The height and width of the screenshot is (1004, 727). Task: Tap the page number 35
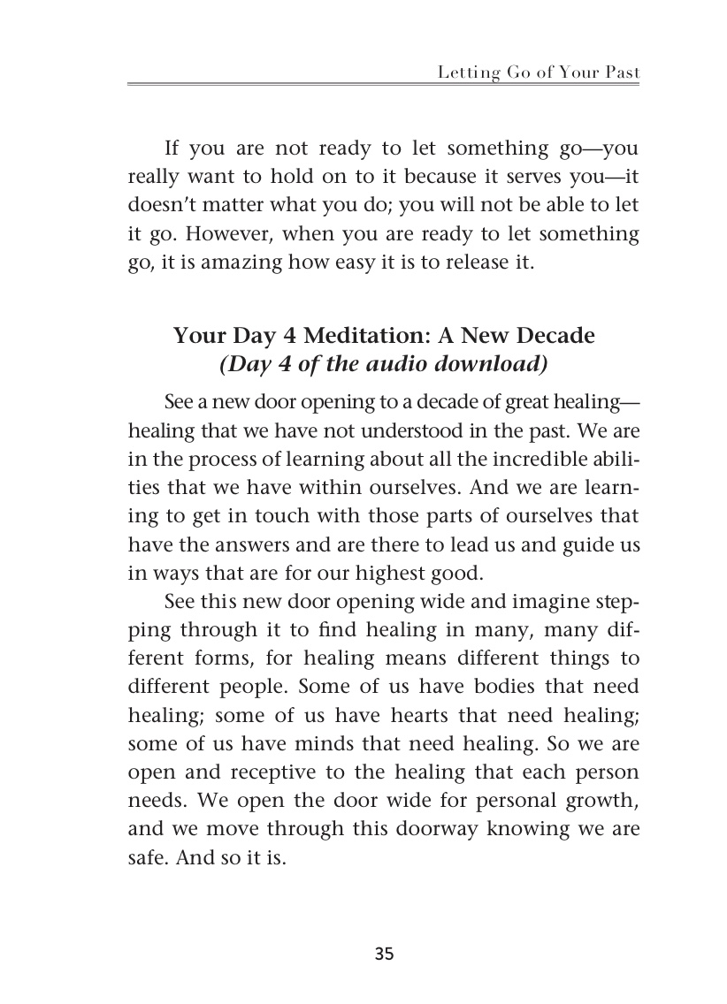384,954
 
